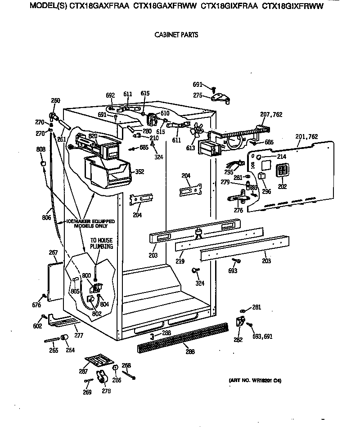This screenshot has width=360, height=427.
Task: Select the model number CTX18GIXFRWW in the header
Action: [293, 7]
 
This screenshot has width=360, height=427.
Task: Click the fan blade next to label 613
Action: [196, 130]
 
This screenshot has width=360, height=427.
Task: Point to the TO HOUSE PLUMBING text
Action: [101, 243]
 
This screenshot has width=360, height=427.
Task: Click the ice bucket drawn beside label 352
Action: [109, 173]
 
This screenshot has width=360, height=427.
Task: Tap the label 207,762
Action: [271, 115]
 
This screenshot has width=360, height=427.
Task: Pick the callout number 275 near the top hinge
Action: [198, 95]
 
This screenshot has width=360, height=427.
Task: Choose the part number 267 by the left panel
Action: [53, 253]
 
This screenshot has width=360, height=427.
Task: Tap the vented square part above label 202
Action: [282, 171]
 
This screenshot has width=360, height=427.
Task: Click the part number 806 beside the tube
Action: [46, 218]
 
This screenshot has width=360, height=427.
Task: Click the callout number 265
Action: [54, 350]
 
